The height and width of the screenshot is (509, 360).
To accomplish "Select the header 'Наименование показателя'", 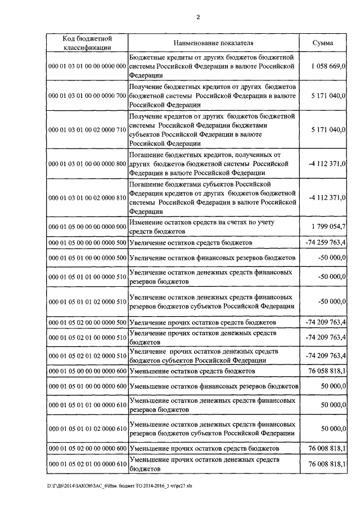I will (213, 43).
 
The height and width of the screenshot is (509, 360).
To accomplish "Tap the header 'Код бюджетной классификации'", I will (87, 43).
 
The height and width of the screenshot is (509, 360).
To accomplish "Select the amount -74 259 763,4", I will (325, 242).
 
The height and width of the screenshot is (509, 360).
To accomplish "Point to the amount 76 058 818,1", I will (326, 372).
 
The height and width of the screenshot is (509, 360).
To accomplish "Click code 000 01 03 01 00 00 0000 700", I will (87, 96).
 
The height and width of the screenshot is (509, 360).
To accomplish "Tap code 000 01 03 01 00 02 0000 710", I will (87, 130).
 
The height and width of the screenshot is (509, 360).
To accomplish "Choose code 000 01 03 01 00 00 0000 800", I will (87, 164).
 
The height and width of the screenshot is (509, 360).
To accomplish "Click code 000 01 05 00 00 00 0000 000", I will (87, 226).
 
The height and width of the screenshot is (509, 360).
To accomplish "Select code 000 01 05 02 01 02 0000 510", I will (87, 356).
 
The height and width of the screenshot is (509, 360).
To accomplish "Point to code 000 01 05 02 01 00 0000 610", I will (87, 464).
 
